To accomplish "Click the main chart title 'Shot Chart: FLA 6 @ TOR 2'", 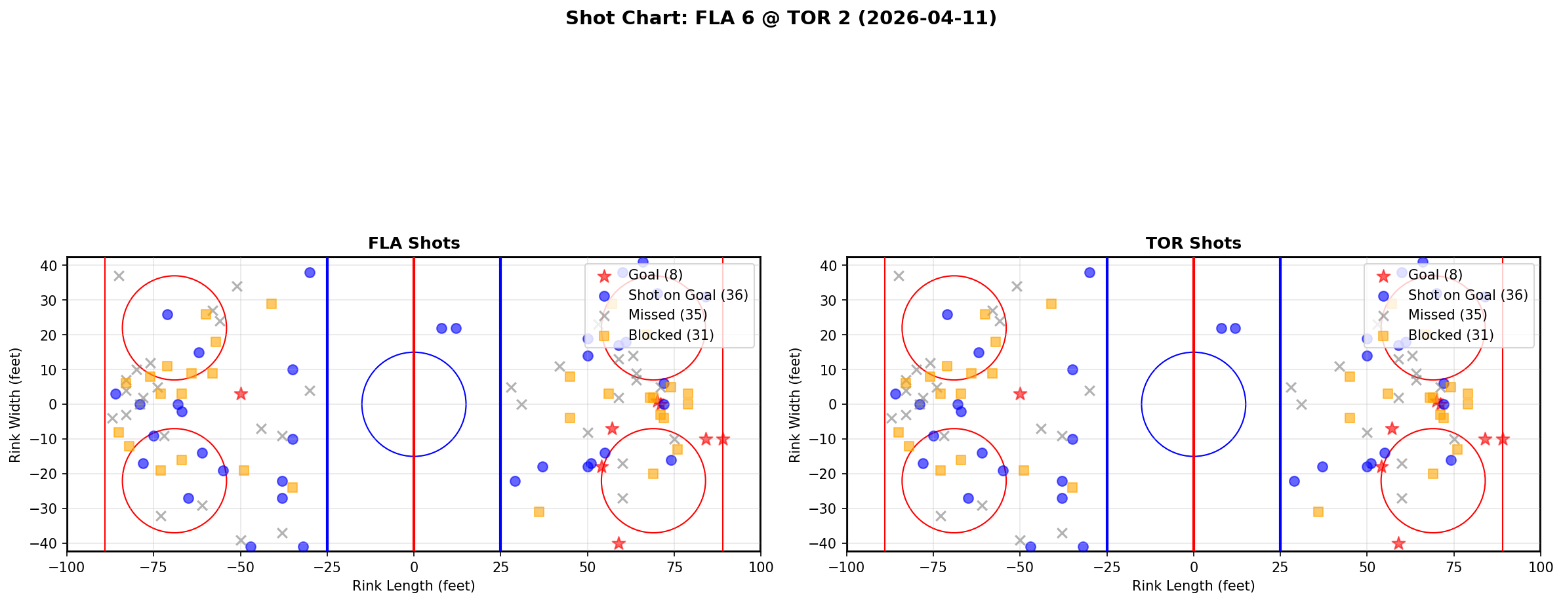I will click(x=781, y=18).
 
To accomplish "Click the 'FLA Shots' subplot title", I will click(x=414, y=243).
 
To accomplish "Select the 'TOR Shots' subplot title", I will click(x=1193, y=243).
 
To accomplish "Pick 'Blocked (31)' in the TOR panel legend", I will click(x=1451, y=335).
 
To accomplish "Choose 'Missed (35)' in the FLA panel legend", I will click(x=667, y=315).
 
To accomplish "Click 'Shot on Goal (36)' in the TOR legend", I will click(x=1468, y=295).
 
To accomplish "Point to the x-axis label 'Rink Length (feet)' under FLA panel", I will click(x=414, y=586).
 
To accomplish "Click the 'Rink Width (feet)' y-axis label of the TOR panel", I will click(x=795, y=404).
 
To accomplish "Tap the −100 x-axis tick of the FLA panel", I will click(x=67, y=567).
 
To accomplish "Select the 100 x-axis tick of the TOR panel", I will click(x=1540, y=567).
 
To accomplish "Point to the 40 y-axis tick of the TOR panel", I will click(x=832, y=266).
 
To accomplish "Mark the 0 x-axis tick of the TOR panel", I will click(x=1194, y=567).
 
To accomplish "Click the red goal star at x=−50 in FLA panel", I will click(x=241, y=394).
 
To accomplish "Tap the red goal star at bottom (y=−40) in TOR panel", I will click(x=1398, y=543).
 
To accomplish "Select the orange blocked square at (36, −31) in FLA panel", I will click(x=538, y=512).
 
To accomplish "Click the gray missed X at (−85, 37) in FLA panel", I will click(x=119, y=276).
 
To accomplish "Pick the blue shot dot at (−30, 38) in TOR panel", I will click(x=1089, y=272).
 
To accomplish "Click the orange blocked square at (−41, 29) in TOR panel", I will click(x=1051, y=304).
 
